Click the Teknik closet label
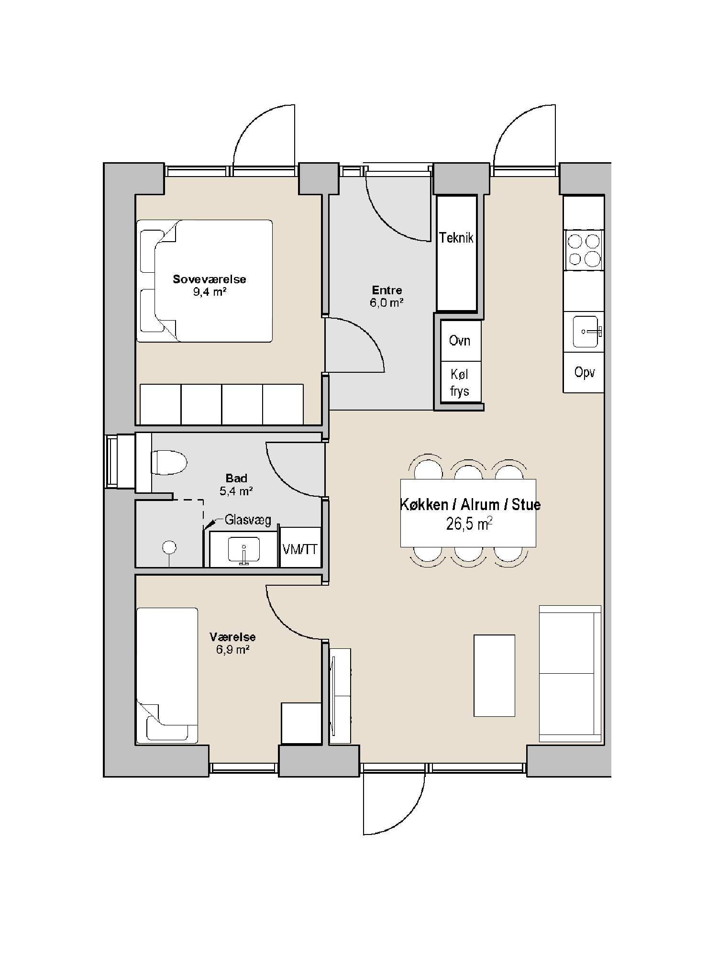pos(456,238)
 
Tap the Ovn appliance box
pos(461,341)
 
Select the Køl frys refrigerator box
pos(461,381)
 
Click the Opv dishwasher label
pos(585,372)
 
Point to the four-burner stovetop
pos(584,250)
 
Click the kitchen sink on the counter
pos(586,331)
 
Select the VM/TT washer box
pos(300,547)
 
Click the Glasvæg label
pos(248,520)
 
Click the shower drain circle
pos(169,547)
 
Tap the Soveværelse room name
pos(210,279)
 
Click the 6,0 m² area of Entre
pos(387,302)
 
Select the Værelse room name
pos(232,637)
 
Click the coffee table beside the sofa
pos(494,676)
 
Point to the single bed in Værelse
pos(167,676)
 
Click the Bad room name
pos(237,478)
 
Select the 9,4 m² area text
pos(210,292)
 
